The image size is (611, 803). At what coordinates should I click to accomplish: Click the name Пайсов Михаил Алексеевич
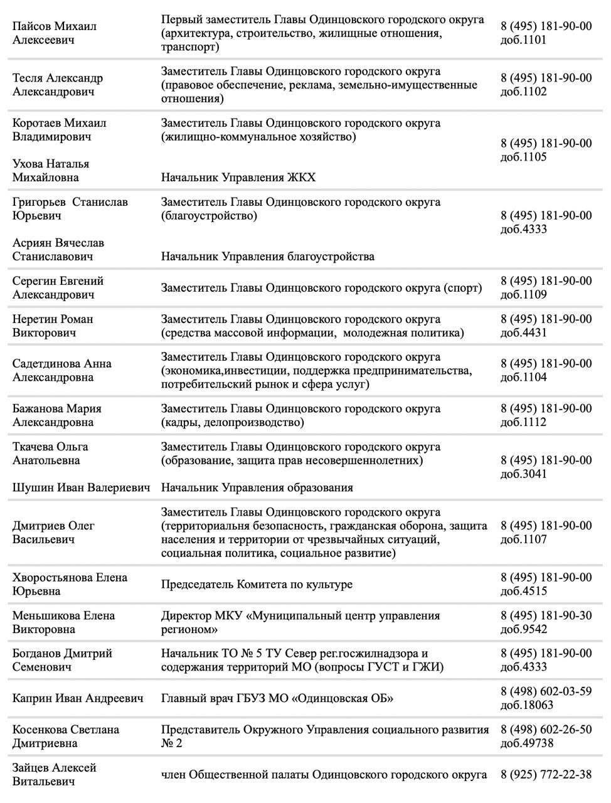tap(55, 33)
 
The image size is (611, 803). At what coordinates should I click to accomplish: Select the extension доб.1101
tap(523, 40)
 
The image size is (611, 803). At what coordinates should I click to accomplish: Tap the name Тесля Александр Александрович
tap(58, 85)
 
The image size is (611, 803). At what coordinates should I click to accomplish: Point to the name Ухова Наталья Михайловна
tap(51, 171)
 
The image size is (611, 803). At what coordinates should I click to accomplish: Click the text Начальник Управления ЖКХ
tap(238, 178)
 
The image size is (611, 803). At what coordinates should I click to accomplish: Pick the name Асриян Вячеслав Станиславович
tap(58, 250)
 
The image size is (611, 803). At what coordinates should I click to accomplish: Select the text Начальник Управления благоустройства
tap(268, 257)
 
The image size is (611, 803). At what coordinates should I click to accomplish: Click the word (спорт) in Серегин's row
tap(463, 288)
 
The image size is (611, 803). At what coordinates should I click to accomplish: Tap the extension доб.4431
tap(523, 332)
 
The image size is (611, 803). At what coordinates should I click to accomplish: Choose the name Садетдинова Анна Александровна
tap(62, 370)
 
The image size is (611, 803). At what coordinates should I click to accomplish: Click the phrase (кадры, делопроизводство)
tap(233, 422)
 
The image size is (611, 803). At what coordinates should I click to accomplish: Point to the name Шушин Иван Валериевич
tap(82, 487)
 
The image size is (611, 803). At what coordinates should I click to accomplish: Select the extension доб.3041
tap(523, 474)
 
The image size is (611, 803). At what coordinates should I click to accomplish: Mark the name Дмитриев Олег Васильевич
tap(53, 533)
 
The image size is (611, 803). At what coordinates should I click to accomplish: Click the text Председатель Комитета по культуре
tap(257, 585)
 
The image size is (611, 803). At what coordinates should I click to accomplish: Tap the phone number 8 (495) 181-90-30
tap(546, 615)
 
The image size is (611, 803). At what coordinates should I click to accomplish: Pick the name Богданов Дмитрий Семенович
tap(62, 660)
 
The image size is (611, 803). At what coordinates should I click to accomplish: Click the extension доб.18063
tap(527, 705)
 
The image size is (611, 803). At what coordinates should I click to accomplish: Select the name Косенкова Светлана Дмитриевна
tap(66, 737)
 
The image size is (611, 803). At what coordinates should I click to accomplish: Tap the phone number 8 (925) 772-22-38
tap(546, 775)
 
